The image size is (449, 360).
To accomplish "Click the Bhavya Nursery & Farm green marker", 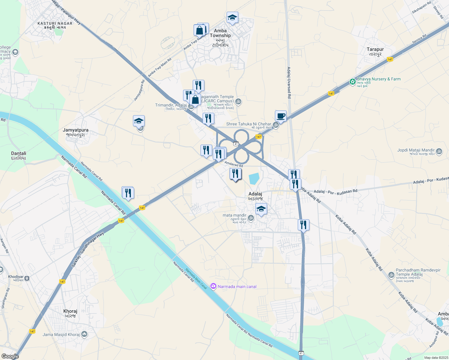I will tap(352, 82).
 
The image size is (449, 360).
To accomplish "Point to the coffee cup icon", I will tap(281, 116).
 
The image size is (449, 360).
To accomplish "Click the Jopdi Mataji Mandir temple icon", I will tap(439, 151).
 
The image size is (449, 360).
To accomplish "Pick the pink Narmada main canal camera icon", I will tap(213, 286).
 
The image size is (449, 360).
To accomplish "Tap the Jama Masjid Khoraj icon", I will tap(84, 334).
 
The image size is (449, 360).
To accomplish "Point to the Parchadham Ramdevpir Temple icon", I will tap(391, 274).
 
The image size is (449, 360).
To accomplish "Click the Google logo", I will tap(10, 356).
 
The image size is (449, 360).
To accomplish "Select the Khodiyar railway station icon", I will tap(27, 278).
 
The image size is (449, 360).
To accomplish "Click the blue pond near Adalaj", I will tap(254, 178).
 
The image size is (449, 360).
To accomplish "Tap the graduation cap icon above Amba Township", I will tap(232, 18).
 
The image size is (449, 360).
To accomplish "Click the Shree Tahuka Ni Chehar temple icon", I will tap(276, 125).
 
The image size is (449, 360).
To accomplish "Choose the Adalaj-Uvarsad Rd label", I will tap(289, 82).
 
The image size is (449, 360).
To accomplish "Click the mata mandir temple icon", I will tap(251, 218).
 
